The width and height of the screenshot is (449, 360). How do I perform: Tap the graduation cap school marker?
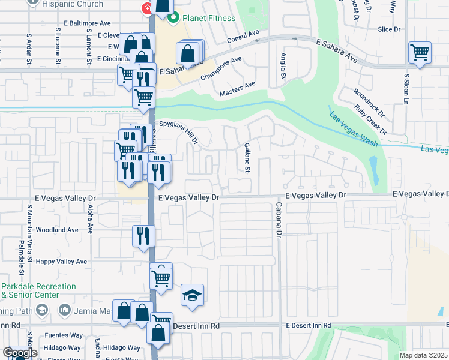[x=192, y=296]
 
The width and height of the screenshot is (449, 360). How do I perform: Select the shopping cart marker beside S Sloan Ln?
[x=420, y=52]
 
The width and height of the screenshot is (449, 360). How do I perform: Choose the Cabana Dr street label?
[x=279, y=225]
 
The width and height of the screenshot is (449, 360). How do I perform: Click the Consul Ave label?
[x=243, y=37]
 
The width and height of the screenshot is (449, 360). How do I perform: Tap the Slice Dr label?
[x=389, y=29]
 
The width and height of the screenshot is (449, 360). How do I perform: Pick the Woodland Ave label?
[x=57, y=230]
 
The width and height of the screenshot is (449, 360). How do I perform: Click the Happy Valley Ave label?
[x=61, y=262]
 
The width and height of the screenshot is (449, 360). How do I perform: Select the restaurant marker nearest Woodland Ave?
[x=143, y=235]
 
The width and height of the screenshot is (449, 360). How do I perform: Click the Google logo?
[x=20, y=353]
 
